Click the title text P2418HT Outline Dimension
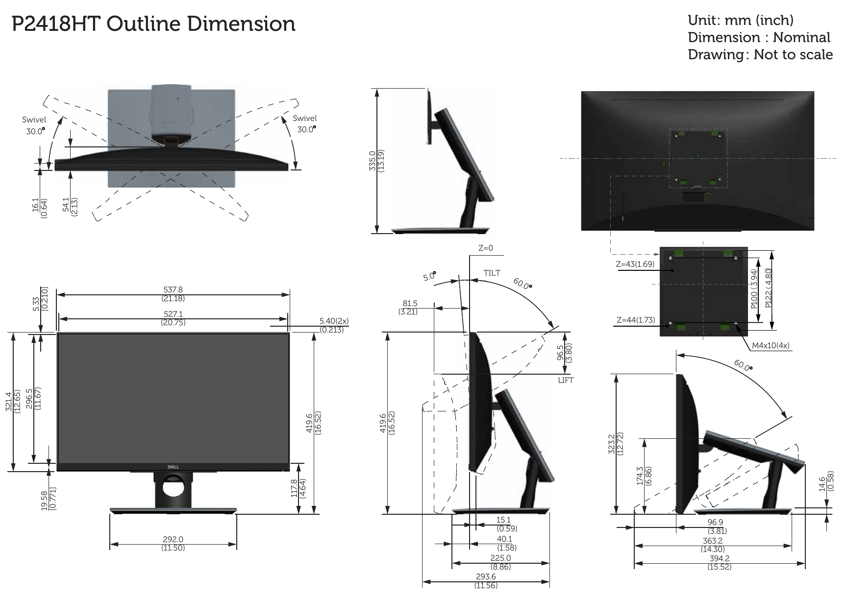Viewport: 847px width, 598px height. pos(153,24)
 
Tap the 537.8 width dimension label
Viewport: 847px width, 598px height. pos(173,293)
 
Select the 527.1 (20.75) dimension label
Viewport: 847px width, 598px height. pos(173,318)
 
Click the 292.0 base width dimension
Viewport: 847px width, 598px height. pos(173,543)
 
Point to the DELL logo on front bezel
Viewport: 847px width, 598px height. pos(173,467)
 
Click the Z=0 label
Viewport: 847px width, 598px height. pos(485,248)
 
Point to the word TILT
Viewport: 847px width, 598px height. pos(492,273)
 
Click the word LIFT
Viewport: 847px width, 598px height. pos(565,380)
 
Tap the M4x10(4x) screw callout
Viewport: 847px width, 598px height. pos(771,345)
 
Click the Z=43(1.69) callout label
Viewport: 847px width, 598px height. pos(635,264)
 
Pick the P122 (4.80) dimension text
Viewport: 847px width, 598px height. pos(769,288)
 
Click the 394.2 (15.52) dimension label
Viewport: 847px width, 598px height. pos(719,562)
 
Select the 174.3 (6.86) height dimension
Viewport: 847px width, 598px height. pos(643,475)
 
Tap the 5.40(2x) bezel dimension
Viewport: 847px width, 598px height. pos(334,325)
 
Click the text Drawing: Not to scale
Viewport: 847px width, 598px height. pos(760,54)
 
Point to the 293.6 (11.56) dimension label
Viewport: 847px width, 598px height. pos(485,580)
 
